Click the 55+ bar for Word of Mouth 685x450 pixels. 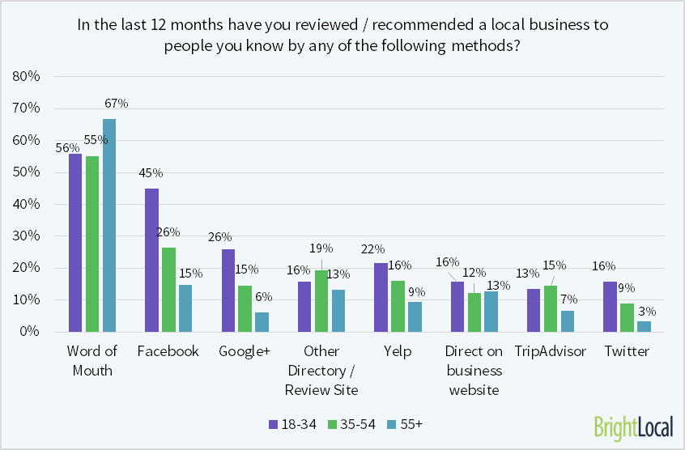[x=108, y=225]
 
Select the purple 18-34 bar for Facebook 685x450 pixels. [x=151, y=260]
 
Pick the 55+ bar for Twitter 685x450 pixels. [x=644, y=326]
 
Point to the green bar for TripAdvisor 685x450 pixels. [x=550, y=308]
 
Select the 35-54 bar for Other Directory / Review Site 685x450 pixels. [x=321, y=300]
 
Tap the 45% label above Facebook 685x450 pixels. [x=151, y=172]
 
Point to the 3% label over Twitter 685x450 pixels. [x=647, y=311]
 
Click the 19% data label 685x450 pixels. [x=322, y=248]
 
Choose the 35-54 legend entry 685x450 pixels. [x=349, y=424]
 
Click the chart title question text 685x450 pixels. [x=342, y=35]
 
